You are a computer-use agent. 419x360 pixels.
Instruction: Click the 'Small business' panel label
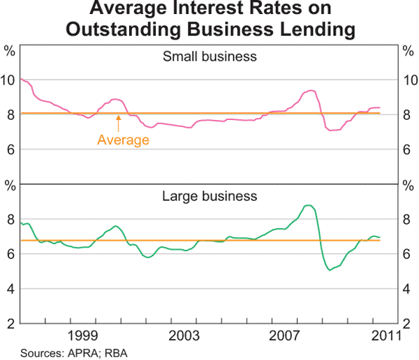pos(209,57)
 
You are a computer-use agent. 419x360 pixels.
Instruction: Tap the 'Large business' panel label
pos(209,196)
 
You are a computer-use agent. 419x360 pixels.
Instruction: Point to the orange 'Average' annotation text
pos(123,140)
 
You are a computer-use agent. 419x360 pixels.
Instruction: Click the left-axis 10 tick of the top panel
pos(8,80)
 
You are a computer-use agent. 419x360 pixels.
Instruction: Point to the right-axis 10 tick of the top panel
pos(411,80)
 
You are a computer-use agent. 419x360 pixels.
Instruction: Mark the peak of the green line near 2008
pos(308,205)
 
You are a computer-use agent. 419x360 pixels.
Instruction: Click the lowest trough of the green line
pos(330,270)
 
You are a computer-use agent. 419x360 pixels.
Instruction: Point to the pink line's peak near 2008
pos(311,91)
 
